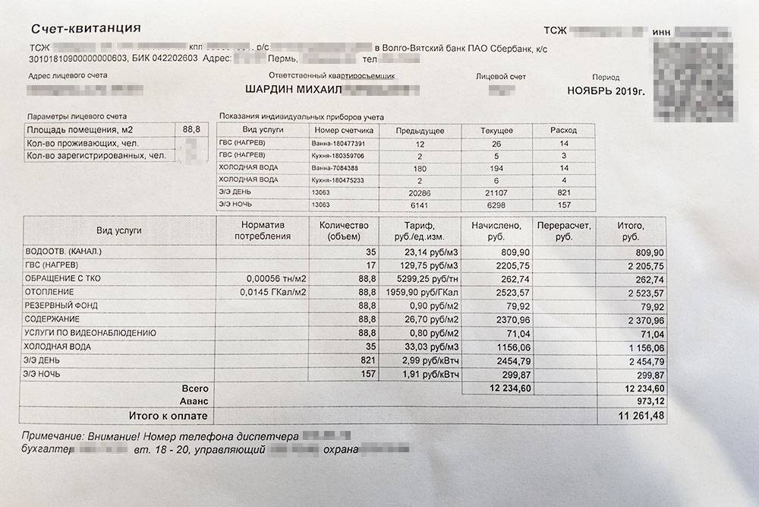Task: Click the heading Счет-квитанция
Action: (x=86, y=30)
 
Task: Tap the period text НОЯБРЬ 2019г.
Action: (x=606, y=91)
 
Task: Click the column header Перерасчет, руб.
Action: (x=563, y=232)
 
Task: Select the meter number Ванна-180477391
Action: (x=339, y=143)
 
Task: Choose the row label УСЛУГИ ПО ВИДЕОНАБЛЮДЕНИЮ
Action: (x=90, y=333)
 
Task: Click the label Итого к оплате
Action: (x=162, y=416)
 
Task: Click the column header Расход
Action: (x=564, y=131)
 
